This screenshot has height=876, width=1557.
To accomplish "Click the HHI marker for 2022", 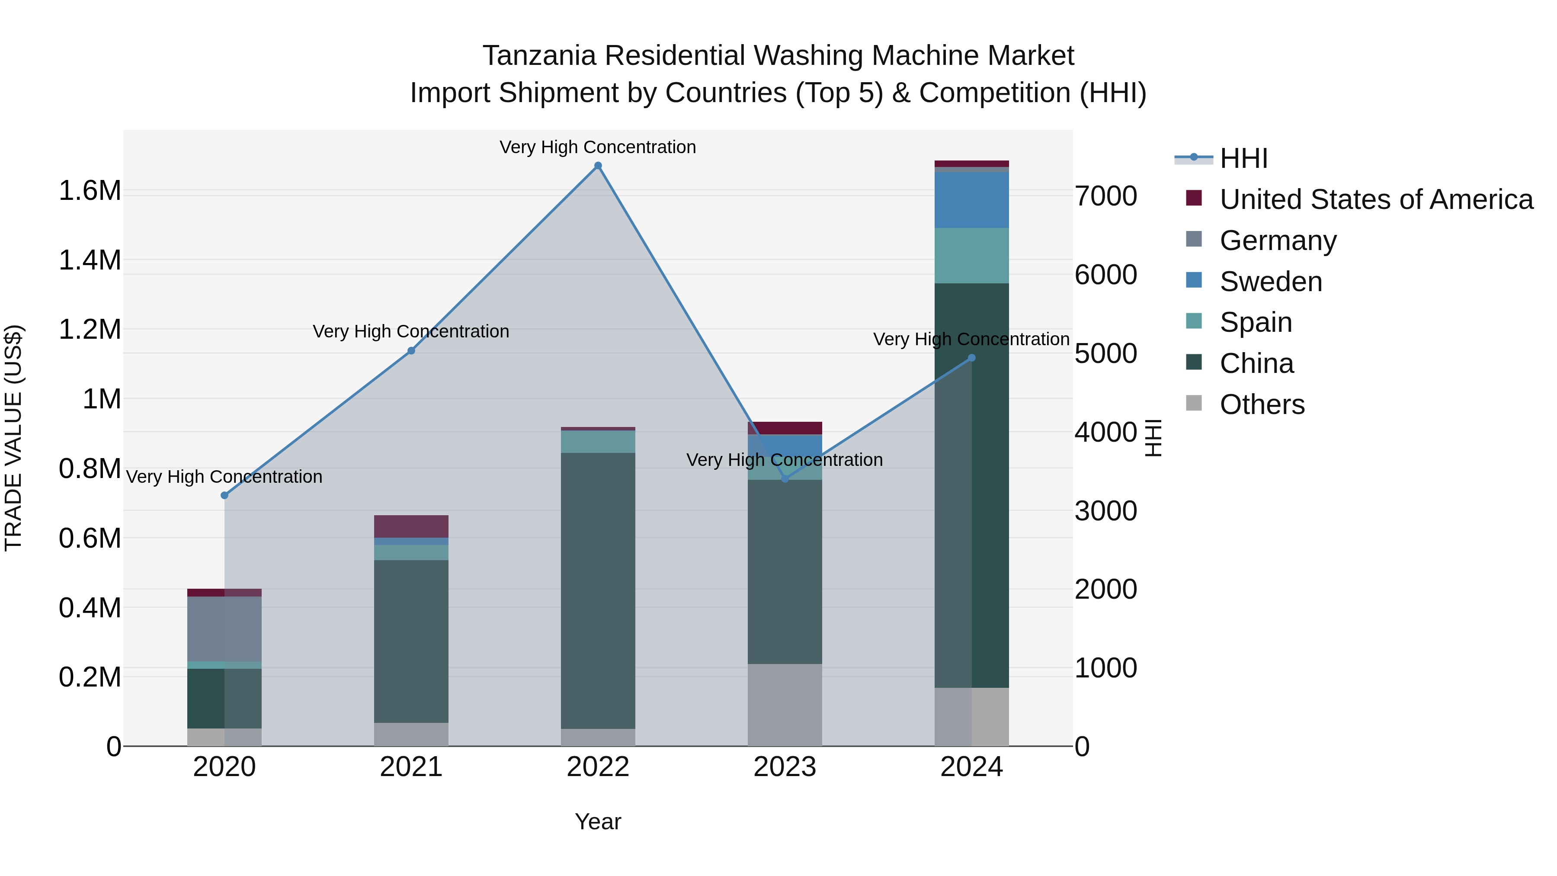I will tap(598, 166).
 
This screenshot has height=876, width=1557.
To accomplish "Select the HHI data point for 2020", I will tap(224, 495).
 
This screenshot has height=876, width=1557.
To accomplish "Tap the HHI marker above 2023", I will tap(785, 479).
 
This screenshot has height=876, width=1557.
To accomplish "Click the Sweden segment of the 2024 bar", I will tap(971, 200).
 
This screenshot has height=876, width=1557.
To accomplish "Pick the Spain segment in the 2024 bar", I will tap(971, 256).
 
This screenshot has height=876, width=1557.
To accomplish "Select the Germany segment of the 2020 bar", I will tap(224, 629).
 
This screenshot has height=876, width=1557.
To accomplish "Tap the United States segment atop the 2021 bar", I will tap(411, 526).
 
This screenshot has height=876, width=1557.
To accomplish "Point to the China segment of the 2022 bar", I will tap(598, 590).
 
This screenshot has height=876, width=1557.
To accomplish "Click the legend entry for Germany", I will tap(1278, 241).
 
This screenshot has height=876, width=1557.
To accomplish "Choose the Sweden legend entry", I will tap(1271, 282).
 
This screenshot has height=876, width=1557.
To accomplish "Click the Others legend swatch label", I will tap(1262, 404).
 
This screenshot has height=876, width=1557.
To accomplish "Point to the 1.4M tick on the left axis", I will tap(90, 260).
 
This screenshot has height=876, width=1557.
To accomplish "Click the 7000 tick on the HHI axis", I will tap(1105, 196).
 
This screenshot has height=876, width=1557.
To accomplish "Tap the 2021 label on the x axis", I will tap(411, 767).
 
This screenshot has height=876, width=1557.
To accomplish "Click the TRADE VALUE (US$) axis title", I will tap(13, 438).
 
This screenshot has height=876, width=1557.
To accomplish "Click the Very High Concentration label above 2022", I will tap(597, 147).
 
